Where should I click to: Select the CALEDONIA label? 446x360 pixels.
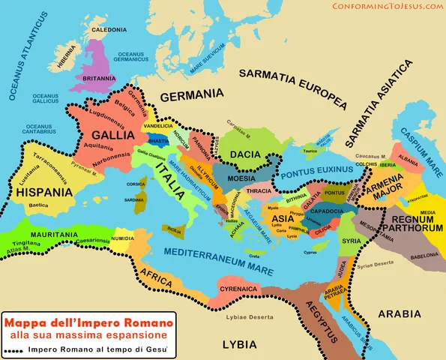click(x=109, y=30)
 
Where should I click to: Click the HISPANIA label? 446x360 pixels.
click(x=43, y=192)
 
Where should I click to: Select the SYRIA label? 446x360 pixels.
click(x=350, y=241)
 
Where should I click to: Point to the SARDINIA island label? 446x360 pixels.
click(x=135, y=200)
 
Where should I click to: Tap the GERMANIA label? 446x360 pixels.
click(x=192, y=95)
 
